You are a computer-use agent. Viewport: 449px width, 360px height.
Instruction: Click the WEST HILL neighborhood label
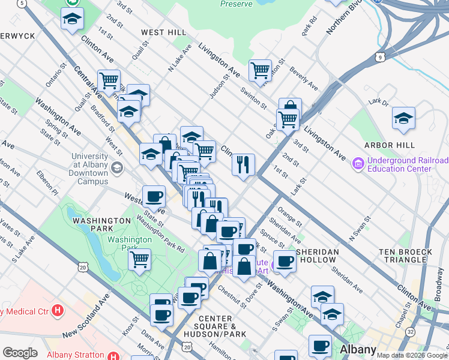click(163, 32)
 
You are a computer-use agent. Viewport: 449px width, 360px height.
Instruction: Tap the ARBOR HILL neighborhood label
click(390, 145)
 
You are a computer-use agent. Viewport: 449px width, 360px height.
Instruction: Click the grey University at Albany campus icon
click(117, 167)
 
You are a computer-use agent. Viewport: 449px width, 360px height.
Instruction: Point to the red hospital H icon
click(58, 311)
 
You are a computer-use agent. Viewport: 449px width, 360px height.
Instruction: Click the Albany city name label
click(358, 350)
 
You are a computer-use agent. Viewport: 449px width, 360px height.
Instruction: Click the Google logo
click(20, 353)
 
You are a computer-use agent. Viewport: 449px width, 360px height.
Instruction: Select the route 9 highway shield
click(381, 58)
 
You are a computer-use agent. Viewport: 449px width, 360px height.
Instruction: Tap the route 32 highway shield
click(410, 331)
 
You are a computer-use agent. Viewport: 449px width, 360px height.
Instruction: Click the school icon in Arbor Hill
click(403, 118)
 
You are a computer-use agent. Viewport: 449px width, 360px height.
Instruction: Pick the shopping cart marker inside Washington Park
click(139, 259)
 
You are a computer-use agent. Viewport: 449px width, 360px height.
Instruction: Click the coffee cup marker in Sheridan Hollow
click(285, 260)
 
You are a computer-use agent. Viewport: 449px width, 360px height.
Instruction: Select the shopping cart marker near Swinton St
click(260, 70)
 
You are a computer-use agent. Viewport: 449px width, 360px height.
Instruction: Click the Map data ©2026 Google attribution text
click(412, 355)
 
